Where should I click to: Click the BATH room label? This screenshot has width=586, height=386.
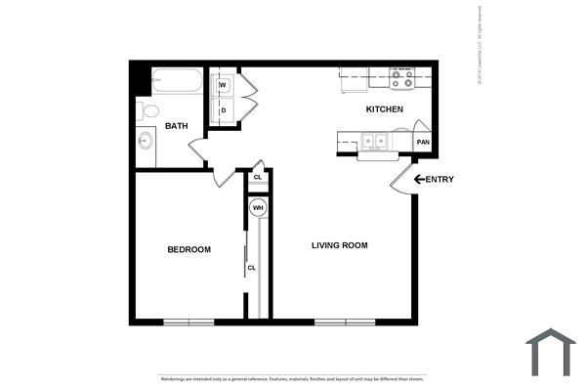(176, 125)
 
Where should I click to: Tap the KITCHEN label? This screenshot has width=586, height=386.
(384, 109)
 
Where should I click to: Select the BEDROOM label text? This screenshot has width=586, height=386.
(188, 249)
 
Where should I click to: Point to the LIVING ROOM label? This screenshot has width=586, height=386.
(339, 245)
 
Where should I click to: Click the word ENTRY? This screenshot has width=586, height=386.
(439, 179)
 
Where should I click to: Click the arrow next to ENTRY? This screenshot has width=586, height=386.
(419, 179)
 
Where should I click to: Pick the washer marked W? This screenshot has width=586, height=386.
(223, 86)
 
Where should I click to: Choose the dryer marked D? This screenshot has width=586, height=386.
(223, 109)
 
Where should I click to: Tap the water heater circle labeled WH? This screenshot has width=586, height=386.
(258, 208)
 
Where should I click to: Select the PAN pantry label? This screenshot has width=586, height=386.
(423, 143)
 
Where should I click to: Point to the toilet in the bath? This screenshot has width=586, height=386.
(144, 109)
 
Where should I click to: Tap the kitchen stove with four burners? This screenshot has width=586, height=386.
(401, 78)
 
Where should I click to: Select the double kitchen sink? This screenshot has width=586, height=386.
(374, 143)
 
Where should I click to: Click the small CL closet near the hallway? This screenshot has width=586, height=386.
(257, 177)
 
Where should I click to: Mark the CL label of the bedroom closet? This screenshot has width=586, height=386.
(252, 267)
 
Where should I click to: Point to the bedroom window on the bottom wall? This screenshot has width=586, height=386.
(188, 322)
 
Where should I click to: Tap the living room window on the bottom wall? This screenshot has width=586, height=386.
(344, 322)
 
